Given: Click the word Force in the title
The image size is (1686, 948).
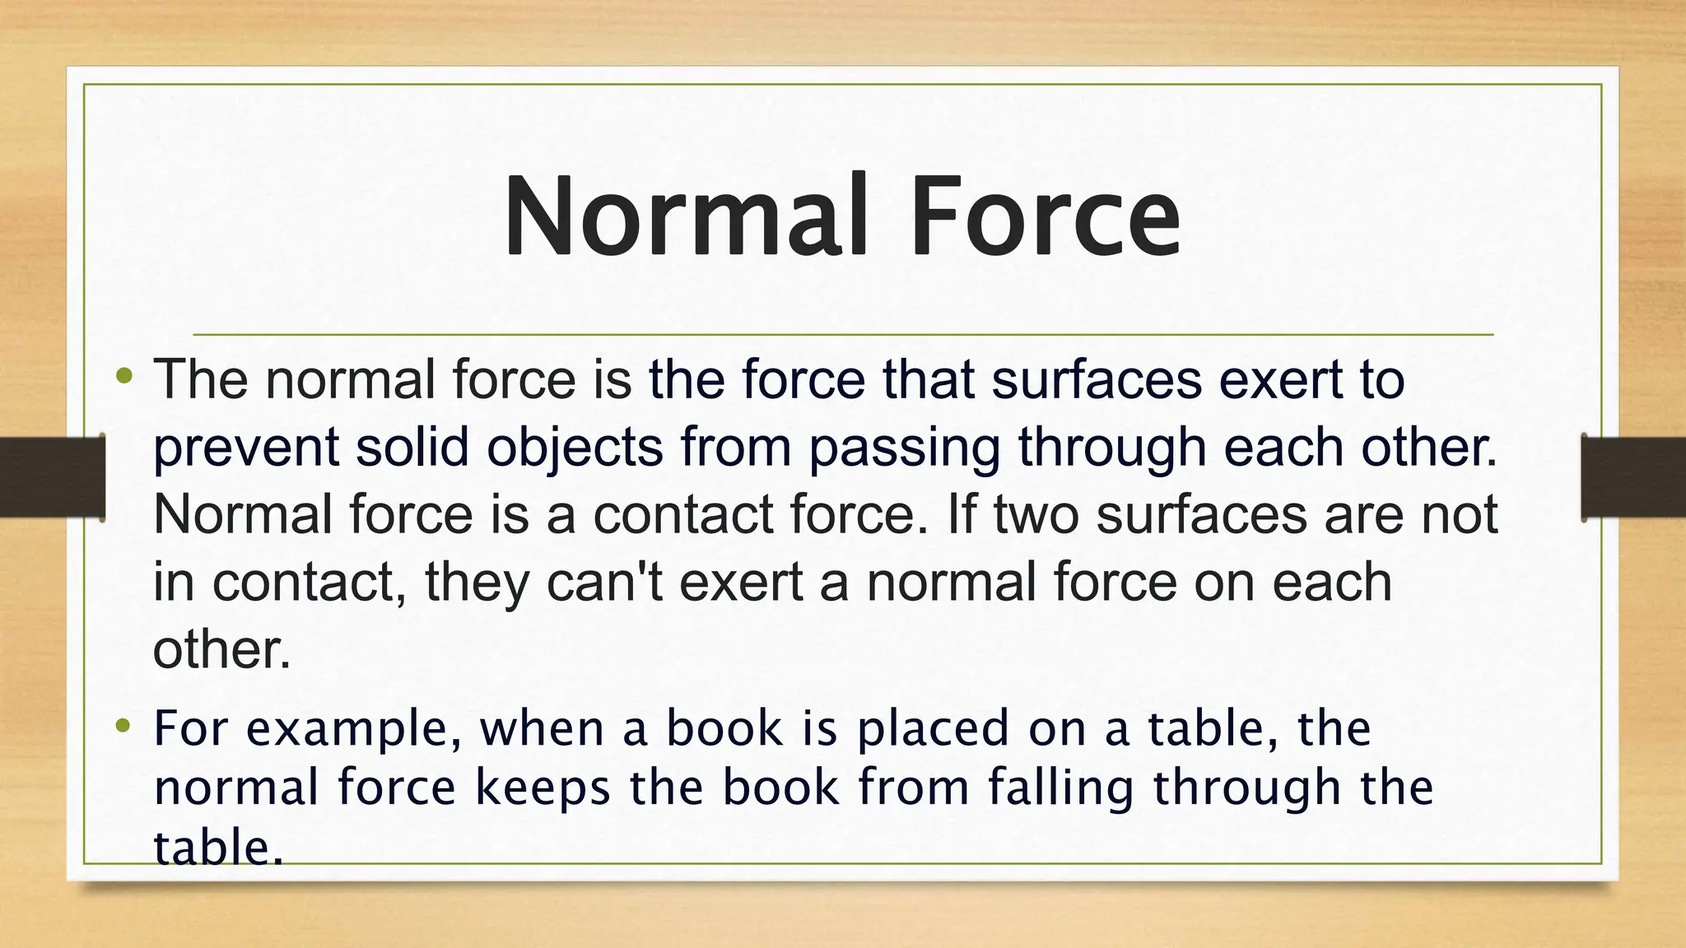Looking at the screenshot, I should pyautogui.click(x=1046, y=216).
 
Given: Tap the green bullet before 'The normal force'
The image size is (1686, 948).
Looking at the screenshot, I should pyautogui.click(x=124, y=377).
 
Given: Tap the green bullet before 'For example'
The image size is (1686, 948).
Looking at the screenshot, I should pyautogui.click(x=124, y=725).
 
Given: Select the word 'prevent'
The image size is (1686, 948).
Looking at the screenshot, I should pyautogui.click(x=246, y=448).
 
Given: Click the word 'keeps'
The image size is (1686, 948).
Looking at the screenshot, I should pyautogui.click(x=543, y=788).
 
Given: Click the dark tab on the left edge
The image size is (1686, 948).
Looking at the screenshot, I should pyautogui.click(x=52, y=477).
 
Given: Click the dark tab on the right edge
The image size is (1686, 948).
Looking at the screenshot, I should pyautogui.click(x=1633, y=477).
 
